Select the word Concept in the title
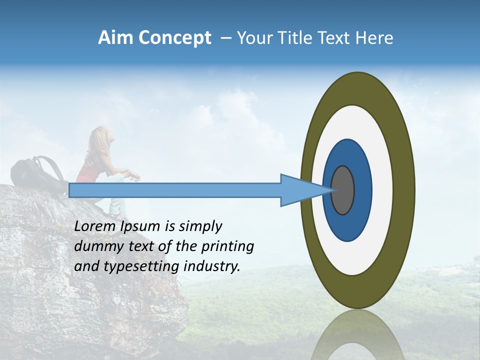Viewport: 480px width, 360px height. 175,38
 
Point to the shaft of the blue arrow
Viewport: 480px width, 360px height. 175,190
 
